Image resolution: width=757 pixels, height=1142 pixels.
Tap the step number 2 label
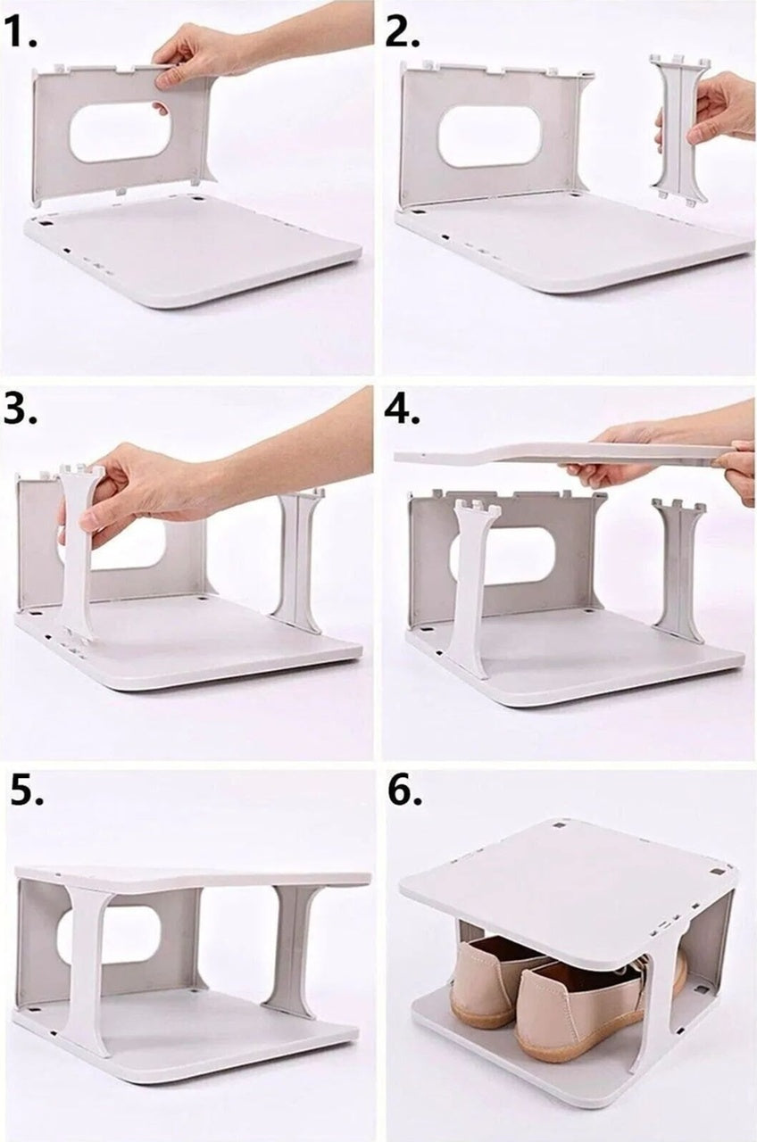(403, 34)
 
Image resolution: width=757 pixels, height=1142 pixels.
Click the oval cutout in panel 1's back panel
(120, 132)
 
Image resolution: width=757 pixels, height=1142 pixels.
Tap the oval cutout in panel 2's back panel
(489, 136)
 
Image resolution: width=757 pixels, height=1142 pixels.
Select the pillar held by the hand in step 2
(678, 129)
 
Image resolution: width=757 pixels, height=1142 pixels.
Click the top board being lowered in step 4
(553, 454)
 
